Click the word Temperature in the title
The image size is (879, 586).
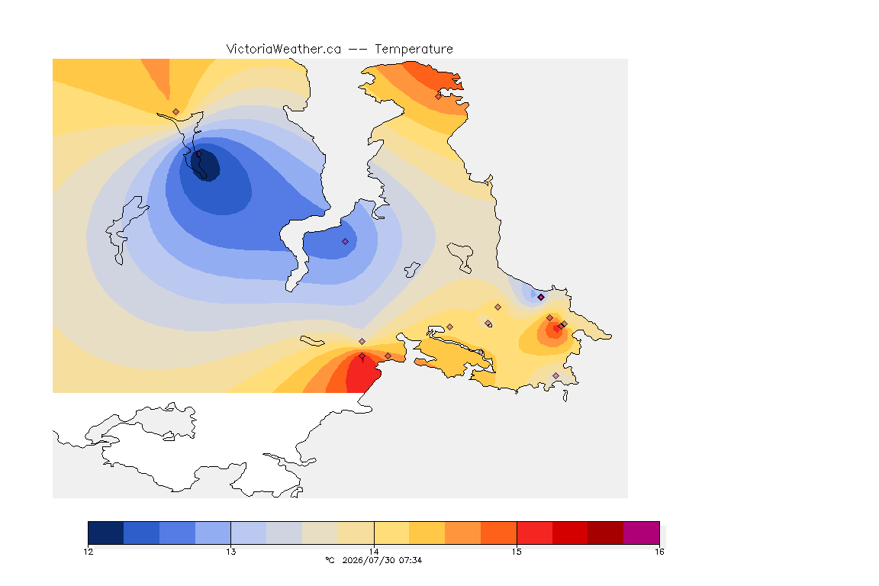point(414,50)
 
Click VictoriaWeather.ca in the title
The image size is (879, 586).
point(284,50)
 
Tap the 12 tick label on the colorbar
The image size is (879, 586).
point(88,552)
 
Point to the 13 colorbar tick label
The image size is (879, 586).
point(231,552)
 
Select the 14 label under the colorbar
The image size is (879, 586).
point(374,552)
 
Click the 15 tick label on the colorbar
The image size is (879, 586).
point(517,552)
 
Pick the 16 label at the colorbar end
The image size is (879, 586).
point(659,552)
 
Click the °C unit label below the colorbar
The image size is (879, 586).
point(330,560)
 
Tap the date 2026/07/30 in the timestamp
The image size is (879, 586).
point(366,560)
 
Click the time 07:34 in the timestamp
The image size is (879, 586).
point(411,560)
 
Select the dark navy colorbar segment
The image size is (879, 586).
point(106,533)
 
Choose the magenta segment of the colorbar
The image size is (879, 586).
point(641,533)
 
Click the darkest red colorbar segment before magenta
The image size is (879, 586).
point(605,533)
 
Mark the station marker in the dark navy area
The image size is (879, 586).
point(198,153)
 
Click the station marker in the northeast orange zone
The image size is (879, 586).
point(439,96)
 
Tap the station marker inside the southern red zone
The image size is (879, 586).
point(362,356)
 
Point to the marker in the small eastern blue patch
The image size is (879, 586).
point(541,298)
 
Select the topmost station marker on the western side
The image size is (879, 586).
point(176,112)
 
